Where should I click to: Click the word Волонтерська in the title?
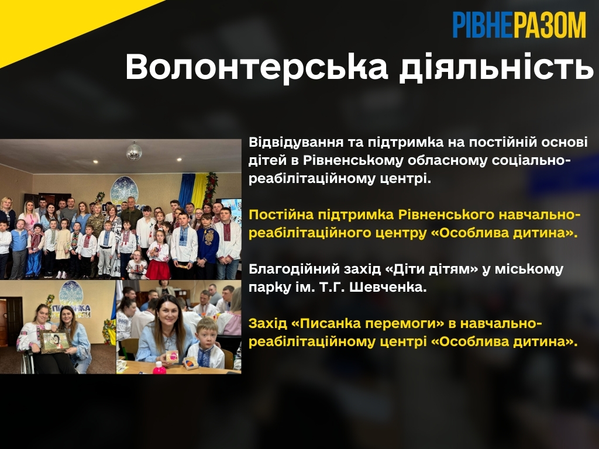tap(256, 67)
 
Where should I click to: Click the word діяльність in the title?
tap(497, 67)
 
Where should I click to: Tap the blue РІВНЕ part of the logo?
tap(483, 25)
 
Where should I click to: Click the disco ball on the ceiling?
tap(134, 151)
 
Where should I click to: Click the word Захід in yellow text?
tap(267, 324)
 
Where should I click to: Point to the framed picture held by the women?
tap(55, 341)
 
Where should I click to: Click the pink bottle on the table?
tap(159, 368)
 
